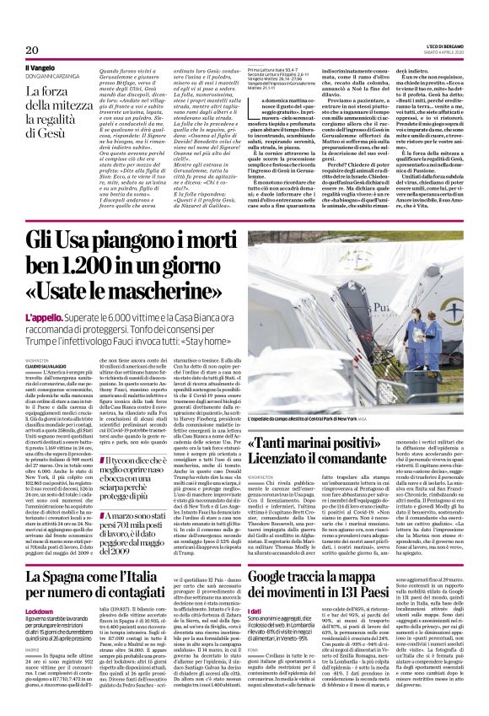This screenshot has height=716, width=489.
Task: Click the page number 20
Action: (21, 28)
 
